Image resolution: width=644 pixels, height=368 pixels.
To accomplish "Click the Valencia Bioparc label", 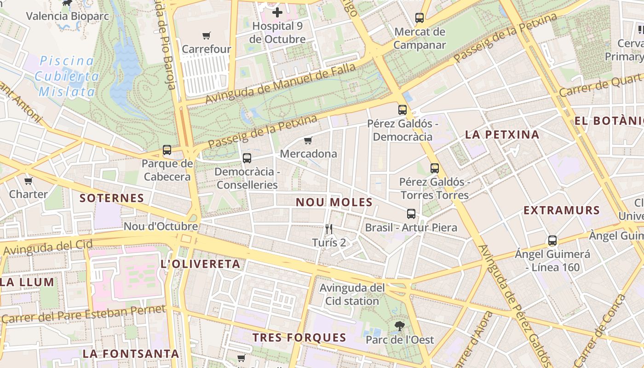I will point(67,17).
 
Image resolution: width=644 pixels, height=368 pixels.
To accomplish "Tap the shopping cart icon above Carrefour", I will point(207,35).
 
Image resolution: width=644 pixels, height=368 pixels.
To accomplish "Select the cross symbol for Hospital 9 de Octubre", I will point(277,12).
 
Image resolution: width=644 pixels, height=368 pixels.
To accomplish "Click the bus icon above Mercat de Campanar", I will point(420,18).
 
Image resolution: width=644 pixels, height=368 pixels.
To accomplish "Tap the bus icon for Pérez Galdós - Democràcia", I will point(402,110).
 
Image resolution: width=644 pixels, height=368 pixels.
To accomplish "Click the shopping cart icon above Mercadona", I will point(308,140).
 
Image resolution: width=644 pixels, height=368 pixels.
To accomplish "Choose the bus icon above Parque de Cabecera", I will point(167,150).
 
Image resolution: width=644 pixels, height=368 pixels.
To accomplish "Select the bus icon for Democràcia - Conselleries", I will point(247,158).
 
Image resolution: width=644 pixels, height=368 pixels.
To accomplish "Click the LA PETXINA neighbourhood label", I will point(502,135).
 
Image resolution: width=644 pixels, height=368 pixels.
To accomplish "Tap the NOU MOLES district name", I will point(334,202).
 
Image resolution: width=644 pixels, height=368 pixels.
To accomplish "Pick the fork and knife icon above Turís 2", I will point(329,229).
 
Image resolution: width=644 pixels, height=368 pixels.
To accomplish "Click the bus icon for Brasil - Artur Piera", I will point(411,214).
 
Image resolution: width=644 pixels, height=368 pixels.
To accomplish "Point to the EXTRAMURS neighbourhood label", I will point(562,211).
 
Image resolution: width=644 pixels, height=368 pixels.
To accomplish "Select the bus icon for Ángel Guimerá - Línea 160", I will point(552,241).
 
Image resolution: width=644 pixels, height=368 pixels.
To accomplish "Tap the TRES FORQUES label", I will point(299,337).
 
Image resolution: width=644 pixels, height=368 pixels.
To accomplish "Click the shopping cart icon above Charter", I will point(29,181).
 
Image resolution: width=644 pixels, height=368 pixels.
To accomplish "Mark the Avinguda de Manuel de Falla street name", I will point(280,83).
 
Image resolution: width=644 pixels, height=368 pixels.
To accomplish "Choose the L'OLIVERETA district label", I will point(200,264).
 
